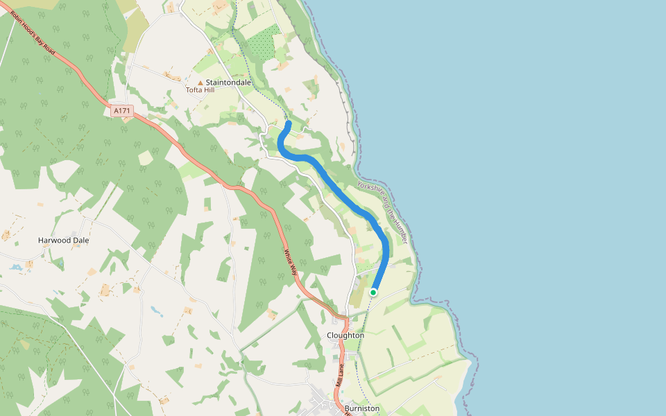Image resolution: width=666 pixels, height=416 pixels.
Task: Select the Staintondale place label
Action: pos(228,83)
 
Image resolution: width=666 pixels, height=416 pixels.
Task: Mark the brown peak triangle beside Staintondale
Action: pos(200,83)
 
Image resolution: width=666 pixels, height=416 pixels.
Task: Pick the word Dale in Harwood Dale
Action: pos(83,241)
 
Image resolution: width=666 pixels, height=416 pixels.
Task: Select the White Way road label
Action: pos(290,261)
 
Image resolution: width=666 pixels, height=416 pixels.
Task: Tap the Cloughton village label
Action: pos(345,336)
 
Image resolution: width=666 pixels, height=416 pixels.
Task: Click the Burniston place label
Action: pos(362,408)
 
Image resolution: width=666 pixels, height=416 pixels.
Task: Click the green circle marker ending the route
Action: pos(373,293)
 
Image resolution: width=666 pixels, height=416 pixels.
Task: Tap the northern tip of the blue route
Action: pos(289,123)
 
